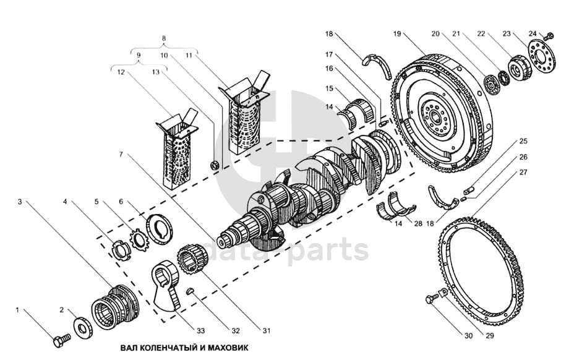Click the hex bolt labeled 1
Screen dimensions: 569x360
pos(62,340)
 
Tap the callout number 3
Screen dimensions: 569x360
pos(20,202)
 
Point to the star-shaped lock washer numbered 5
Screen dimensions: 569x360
pos(137,239)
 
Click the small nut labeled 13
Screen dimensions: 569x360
pos(214,165)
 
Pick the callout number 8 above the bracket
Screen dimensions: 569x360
pos(164,38)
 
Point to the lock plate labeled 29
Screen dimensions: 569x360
pos(443,293)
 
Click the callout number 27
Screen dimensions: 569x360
pos(523,172)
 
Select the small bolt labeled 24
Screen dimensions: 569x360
pos(549,36)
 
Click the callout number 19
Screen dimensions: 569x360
pos(396,34)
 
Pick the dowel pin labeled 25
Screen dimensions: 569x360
pos(469,190)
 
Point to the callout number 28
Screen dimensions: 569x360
pos(419,223)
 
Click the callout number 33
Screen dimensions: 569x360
pos(200,330)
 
